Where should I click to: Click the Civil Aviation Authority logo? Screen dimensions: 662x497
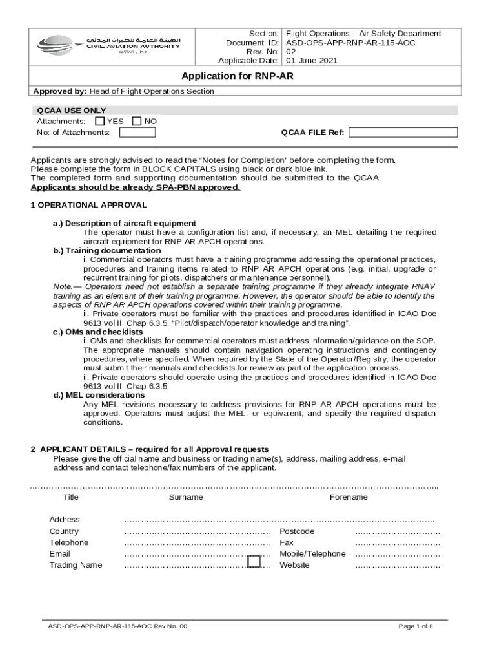pyautogui.click(x=109, y=46)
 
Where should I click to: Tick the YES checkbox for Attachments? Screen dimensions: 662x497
pyautogui.click(x=99, y=121)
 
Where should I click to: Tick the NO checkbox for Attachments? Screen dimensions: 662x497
pyautogui.click(x=136, y=121)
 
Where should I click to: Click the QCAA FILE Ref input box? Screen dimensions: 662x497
pyautogui.click(x=403, y=133)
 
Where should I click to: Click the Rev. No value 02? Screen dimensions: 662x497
pyautogui.click(x=291, y=52)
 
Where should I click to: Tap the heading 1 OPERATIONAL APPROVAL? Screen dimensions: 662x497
pyautogui.click(x=89, y=205)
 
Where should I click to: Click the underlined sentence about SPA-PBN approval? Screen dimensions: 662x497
pyautogui.click(x=136, y=187)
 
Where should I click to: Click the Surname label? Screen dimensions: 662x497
pyautogui.click(x=186, y=497)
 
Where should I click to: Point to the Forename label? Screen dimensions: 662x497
pyautogui.click(x=349, y=497)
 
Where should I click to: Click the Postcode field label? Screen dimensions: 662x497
pyautogui.click(x=297, y=531)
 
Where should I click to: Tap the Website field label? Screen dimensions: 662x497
pyautogui.click(x=294, y=565)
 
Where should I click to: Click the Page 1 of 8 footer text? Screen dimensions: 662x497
pyautogui.click(x=416, y=626)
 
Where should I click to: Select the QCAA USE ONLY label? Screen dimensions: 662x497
pyautogui.click(x=72, y=111)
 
